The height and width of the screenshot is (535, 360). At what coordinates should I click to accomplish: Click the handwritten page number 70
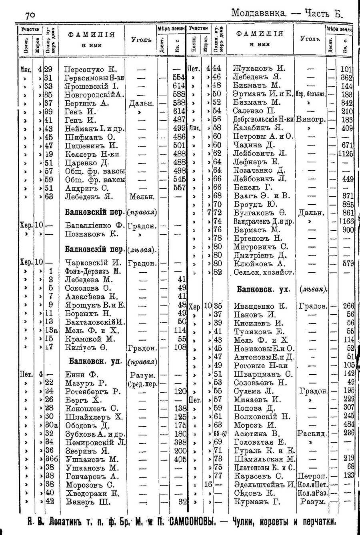(x=30, y=15)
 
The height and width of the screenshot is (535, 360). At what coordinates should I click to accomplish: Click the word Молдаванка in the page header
(x=259, y=13)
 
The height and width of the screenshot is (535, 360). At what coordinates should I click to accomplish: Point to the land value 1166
(x=346, y=221)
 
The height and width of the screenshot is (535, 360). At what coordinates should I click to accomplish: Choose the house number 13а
(x=52, y=331)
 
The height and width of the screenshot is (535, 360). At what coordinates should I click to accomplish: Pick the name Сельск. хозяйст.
(x=264, y=272)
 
